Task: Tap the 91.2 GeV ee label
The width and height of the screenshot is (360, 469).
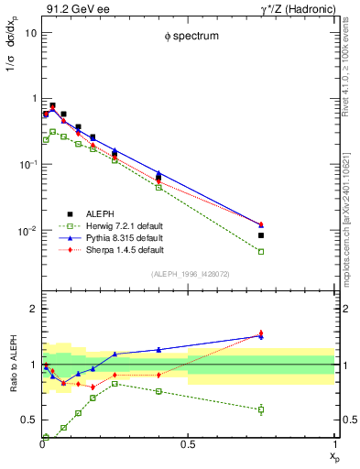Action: (72, 8)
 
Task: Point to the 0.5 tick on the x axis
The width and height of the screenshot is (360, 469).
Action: (188, 446)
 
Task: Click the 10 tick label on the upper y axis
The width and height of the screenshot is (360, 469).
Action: (30, 32)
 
